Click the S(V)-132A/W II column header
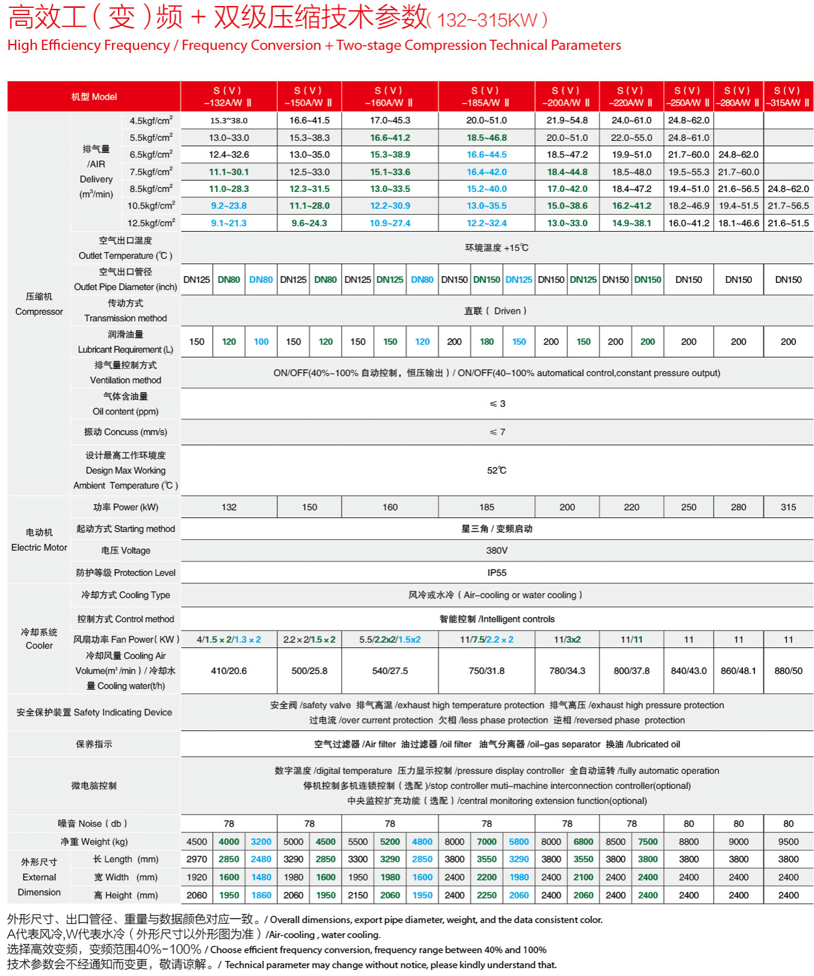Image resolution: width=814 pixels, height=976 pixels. click(x=229, y=97)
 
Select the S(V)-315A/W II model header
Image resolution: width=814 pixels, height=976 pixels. click(x=788, y=97)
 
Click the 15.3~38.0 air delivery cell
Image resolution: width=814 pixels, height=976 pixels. click(x=229, y=120)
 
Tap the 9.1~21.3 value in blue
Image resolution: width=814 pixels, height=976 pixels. click(x=229, y=223)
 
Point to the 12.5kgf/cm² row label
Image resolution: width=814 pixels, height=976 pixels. click(x=151, y=223)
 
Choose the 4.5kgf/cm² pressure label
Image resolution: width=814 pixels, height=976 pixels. click(x=151, y=120)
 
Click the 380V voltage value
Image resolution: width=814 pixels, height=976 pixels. click(x=496, y=551)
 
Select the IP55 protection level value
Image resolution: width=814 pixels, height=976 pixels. click(x=496, y=573)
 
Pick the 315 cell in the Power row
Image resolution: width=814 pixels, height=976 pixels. click(x=788, y=507)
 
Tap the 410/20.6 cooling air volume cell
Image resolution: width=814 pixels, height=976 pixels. click(x=229, y=671)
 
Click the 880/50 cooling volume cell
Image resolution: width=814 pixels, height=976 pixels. click(x=788, y=671)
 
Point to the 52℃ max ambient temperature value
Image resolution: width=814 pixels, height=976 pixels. click(x=496, y=471)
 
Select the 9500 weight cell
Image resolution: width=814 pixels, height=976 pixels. click(x=788, y=842)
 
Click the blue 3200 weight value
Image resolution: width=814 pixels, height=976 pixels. click(x=261, y=842)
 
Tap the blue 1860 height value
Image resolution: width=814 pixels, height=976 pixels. click(x=261, y=895)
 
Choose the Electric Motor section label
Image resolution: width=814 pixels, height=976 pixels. click(x=39, y=540)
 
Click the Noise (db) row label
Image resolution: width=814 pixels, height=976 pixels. click(x=93, y=824)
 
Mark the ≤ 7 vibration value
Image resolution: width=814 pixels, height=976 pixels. click(x=497, y=432)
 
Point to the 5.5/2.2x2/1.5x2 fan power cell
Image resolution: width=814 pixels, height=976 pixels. click(x=390, y=640)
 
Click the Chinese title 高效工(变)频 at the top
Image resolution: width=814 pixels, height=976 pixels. click(x=96, y=17)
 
